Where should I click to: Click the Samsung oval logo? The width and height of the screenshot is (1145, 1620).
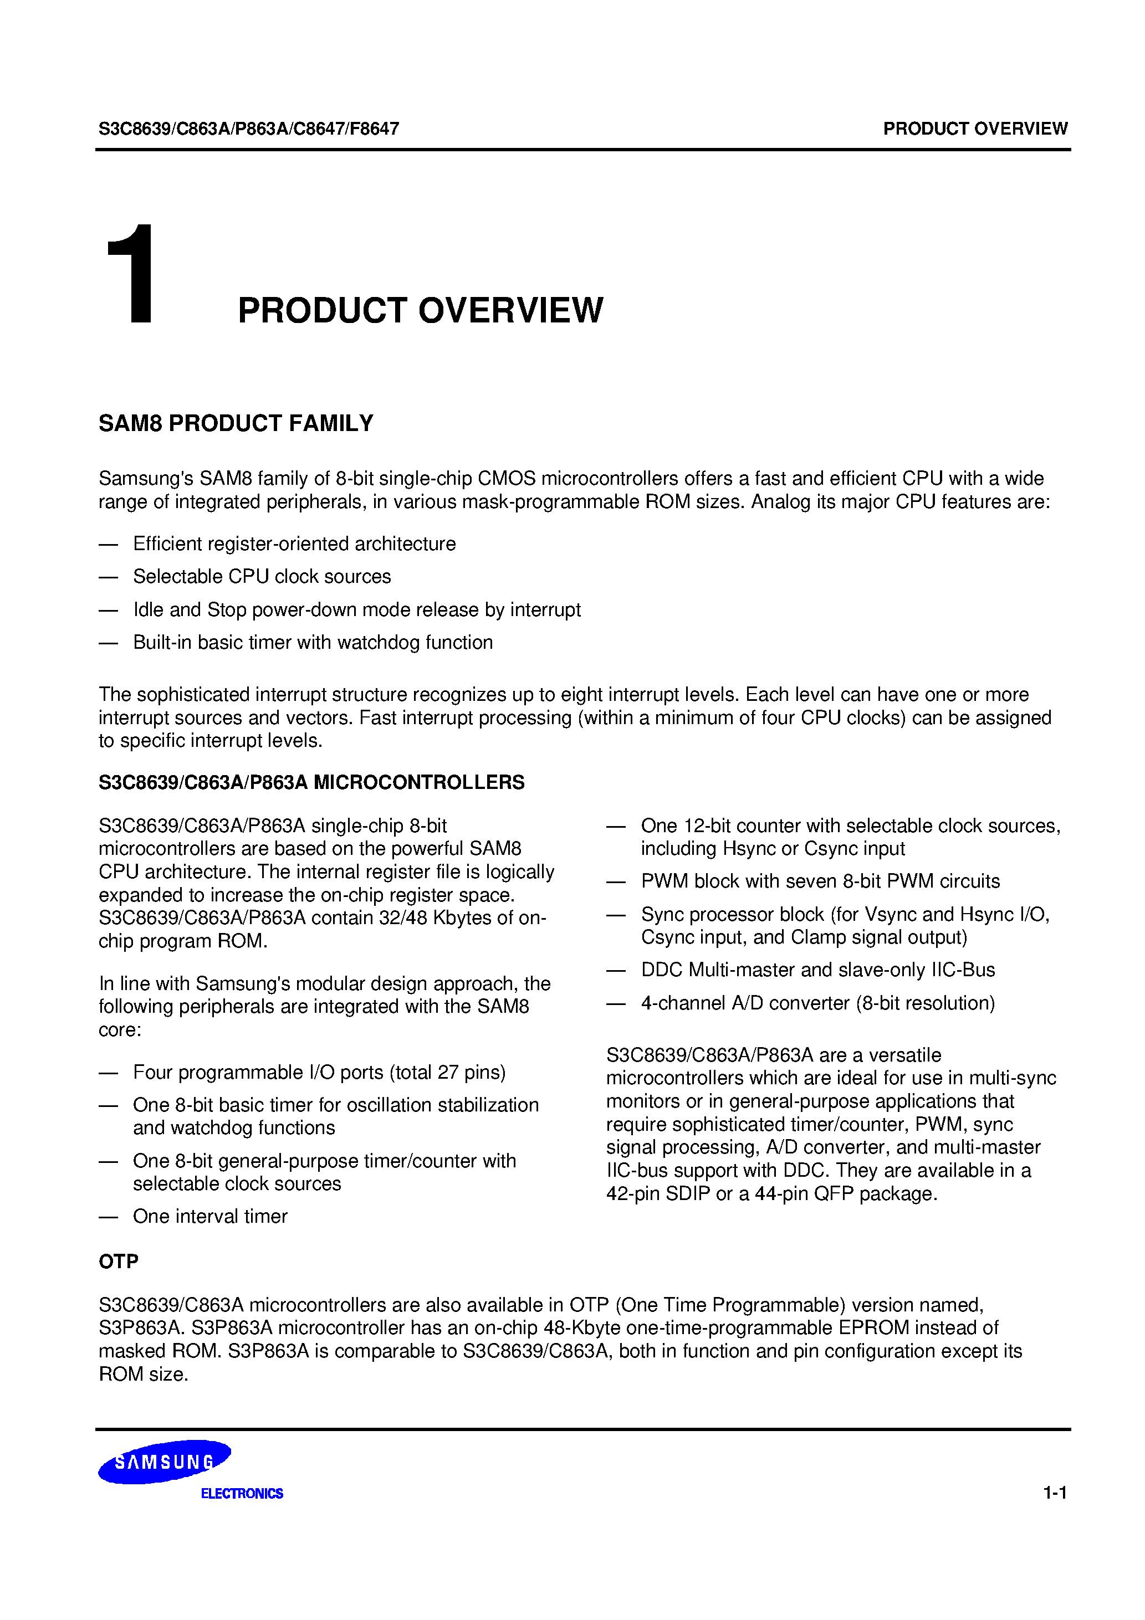point(164,1461)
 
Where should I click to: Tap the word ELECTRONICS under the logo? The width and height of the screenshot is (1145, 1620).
point(242,1493)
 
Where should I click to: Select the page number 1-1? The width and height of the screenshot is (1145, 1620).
point(1055,1492)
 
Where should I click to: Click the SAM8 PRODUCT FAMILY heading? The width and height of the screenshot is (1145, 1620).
point(236,423)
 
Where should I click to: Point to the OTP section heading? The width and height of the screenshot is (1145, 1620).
point(119,1261)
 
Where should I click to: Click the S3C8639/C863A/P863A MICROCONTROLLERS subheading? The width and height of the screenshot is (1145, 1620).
point(311,782)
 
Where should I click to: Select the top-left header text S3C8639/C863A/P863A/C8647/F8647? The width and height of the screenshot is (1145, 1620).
point(248,129)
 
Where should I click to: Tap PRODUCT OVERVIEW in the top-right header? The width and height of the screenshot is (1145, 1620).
point(975,129)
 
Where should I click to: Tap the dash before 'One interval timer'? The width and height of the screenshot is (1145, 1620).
point(108,1217)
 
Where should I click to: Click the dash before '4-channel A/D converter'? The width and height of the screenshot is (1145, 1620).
point(616,1003)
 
